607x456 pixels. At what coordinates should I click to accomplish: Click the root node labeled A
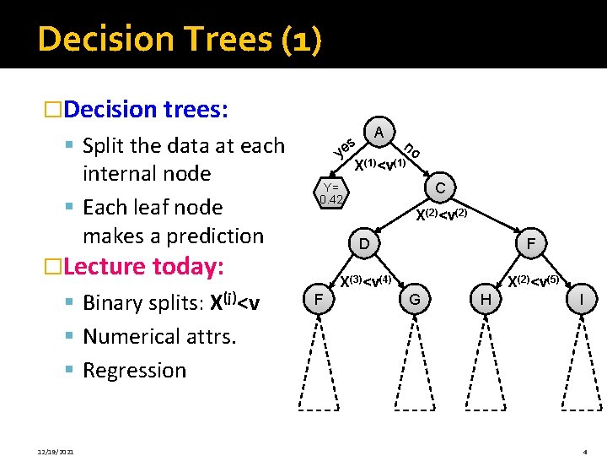pyautogui.click(x=379, y=133)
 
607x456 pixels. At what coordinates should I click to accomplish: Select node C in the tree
pyautogui.click(x=440, y=186)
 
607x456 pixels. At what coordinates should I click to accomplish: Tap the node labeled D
pyautogui.click(x=364, y=244)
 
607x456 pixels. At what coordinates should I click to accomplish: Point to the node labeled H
pyautogui.click(x=485, y=299)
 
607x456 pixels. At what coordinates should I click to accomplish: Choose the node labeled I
pyautogui.click(x=580, y=299)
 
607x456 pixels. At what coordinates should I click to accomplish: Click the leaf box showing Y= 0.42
pyautogui.click(x=330, y=193)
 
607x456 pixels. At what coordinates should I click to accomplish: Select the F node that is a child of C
pyautogui.click(x=531, y=244)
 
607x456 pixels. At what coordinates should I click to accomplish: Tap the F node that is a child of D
pyautogui.click(x=317, y=299)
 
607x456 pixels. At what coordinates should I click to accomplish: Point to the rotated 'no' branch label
pyautogui.click(x=411, y=149)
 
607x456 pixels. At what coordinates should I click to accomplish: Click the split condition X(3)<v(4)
pyautogui.click(x=364, y=280)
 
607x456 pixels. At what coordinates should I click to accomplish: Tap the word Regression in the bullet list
pyautogui.click(x=135, y=370)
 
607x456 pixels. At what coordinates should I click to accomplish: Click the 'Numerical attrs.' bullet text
pyautogui.click(x=159, y=337)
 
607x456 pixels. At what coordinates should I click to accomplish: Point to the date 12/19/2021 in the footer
pyautogui.click(x=55, y=452)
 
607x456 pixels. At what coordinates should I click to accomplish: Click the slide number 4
pyautogui.click(x=585, y=452)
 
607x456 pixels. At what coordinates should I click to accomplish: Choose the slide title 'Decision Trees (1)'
pyautogui.click(x=179, y=40)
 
